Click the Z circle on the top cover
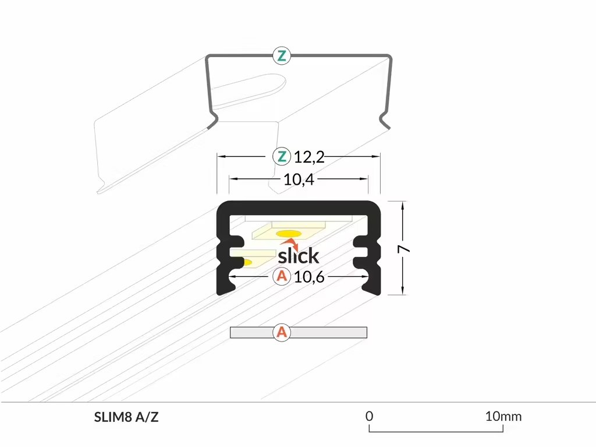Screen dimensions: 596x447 click(x=282, y=56)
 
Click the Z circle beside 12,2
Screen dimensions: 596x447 click(x=282, y=156)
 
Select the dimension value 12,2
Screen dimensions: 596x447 click(x=310, y=157)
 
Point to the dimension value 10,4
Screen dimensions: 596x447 click(x=299, y=179)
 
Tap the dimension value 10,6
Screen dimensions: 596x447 click(x=309, y=277)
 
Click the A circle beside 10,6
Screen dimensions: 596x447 click(x=282, y=276)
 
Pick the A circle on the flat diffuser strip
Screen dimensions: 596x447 click(x=282, y=332)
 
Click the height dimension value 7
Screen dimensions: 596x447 click(x=404, y=249)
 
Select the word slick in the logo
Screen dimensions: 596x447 click(x=299, y=255)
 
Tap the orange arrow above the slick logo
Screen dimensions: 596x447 click(x=290, y=244)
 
